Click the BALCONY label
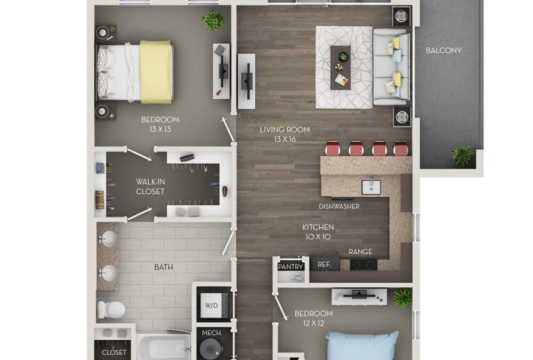(443, 51)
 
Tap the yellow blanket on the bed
(156, 72)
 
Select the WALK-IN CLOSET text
(150, 187)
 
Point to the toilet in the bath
(110, 309)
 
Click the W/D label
(212, 306)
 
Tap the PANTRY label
(291, 267)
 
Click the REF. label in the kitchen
(325, 263)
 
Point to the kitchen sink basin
(371, 187)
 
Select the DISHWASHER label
(339, 206)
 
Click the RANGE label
(360, 252)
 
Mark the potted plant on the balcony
(461, 156)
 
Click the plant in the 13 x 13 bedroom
(213, 21)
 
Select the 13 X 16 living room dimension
(285, 139)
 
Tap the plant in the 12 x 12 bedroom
(402, 298)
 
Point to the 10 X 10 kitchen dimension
(319, 236)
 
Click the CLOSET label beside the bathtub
(114, 352)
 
